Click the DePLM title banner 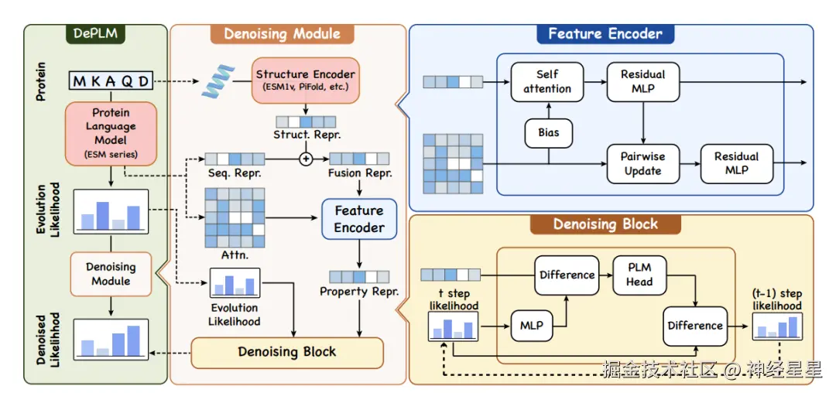(95, 34)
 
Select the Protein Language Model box (111, 133)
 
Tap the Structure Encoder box (305, 81)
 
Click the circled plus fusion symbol (306, 159)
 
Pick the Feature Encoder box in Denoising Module (358, 219)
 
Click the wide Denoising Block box (287, 352)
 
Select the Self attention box (547, 82)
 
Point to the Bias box (548, 132)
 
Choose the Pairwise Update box (642, 163)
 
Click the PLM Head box (639, 274)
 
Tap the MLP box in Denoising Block (531, 326)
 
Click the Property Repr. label (358, 292)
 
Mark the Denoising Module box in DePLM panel (111, 273)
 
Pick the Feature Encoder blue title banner (605, 34)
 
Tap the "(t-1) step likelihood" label (778, 300)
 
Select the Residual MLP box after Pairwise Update (736, 163)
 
